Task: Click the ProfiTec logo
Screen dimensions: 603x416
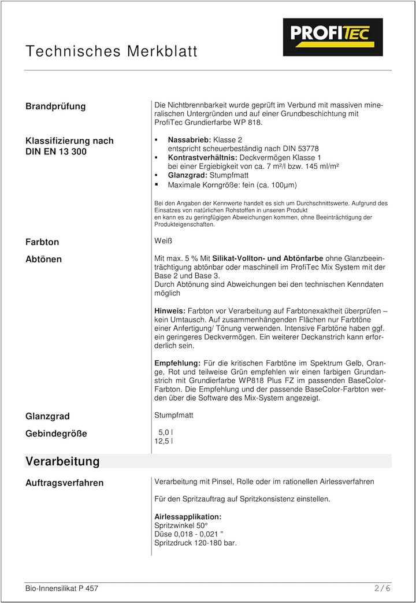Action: pyautogui.click(x=332, y=37)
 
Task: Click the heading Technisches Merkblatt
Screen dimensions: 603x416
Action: pyautogui.click(x=112, y=51)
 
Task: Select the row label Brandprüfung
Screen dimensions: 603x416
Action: pyautogui.click(x=55, y=106)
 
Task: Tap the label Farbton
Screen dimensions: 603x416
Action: pyautogui.click(x=42, y=242)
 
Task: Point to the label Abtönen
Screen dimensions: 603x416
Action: pyautogui.click(x=43, y=259)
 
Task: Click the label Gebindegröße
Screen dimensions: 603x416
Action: pyautogui.click(x=56, y=434)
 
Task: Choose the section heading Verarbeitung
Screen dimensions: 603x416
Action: pyautogui.click(x=62, y=461)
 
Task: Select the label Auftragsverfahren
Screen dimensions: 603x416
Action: pyautogui.click(x=65, y=483)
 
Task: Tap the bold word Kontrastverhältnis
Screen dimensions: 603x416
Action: pyautogui.click(x=202, y=157)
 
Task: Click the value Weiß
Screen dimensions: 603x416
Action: pyautogui.click(x=164, y=241)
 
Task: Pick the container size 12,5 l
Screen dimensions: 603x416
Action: pyautogui.click(x=164, y=441)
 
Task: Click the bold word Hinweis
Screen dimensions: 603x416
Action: pyautogui.click(x=170, y=311)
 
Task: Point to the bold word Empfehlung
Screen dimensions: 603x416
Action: pyautogui.click(x=177, y=363)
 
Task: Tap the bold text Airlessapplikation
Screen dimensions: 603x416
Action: pyautogui.click(x=188, y=516)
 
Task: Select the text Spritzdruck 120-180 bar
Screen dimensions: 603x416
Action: pyautogui.click(x=195, y=543)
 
